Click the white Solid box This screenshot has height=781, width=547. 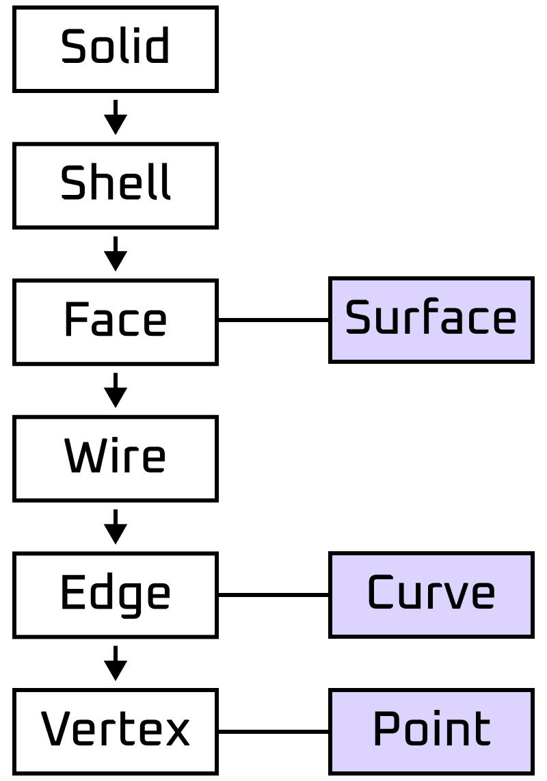coord(116,49)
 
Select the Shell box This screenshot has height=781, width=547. coord(116,185)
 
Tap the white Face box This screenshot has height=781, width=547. coord(116,322)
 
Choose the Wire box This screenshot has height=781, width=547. coord(116,459)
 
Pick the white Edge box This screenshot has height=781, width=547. coord(116,595)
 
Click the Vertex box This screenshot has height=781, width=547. coord(116,732)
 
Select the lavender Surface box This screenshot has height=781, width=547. coord(431,320)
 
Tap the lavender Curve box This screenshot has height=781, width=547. coord(431,595)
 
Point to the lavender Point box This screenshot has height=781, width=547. coord(431,732)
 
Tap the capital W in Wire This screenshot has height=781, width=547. coord(82,456)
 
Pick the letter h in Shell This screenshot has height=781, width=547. coord(97,183)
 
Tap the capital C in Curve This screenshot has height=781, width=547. coord(380,593)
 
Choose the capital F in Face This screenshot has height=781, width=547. coord(76,319)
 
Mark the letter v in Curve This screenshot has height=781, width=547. coord(454,595)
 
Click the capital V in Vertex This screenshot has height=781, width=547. coord(57,729)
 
